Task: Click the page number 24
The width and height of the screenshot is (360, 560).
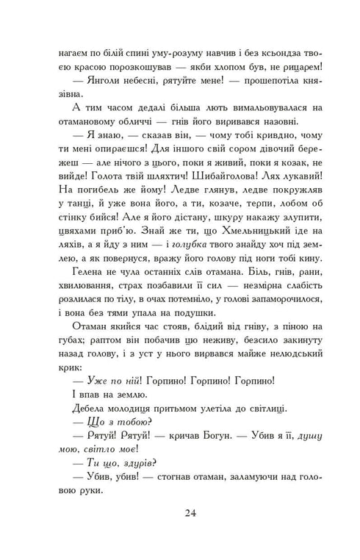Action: [x=180, y=532]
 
